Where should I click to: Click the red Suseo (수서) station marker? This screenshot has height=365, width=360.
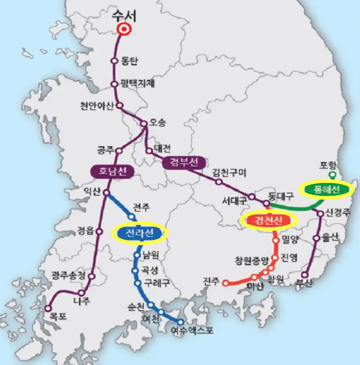pyautogui.click(x=124, y=30)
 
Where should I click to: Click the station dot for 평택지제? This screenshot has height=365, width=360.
pyautogui.click(x=114, y=84)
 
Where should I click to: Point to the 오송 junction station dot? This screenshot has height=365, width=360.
pyautogui.click(x=144, y=124)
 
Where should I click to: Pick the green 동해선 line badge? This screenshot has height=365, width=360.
pyautogui.click(x=326, y=190)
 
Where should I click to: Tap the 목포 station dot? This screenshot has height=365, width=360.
pyautogui.click(x=48, y=308)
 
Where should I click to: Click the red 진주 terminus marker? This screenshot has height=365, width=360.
pyautogui.click(x=226, y=283)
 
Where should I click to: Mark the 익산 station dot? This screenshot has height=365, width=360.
pyautogui.click(x=106, y=193)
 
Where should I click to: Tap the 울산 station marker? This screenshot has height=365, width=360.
pyautogui.click(x=316, y=238)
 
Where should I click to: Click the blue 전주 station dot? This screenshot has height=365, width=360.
pyautogui.click(x=131, y=217)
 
